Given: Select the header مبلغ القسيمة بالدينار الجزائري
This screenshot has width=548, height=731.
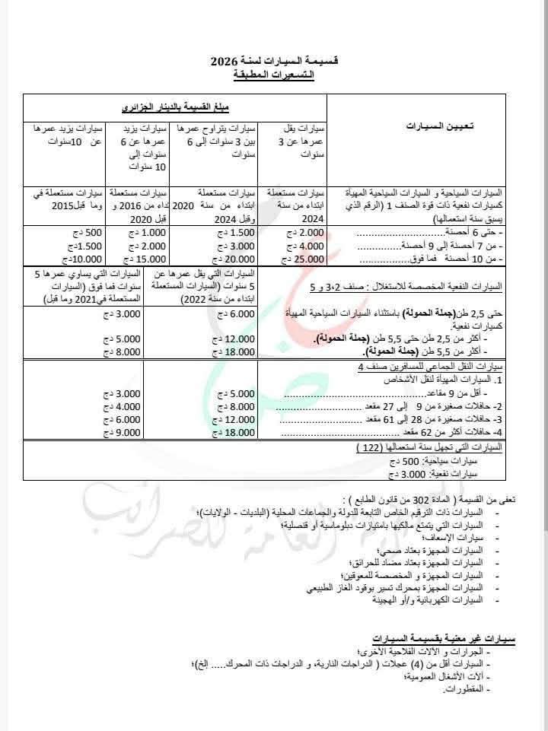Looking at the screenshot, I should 174,107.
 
